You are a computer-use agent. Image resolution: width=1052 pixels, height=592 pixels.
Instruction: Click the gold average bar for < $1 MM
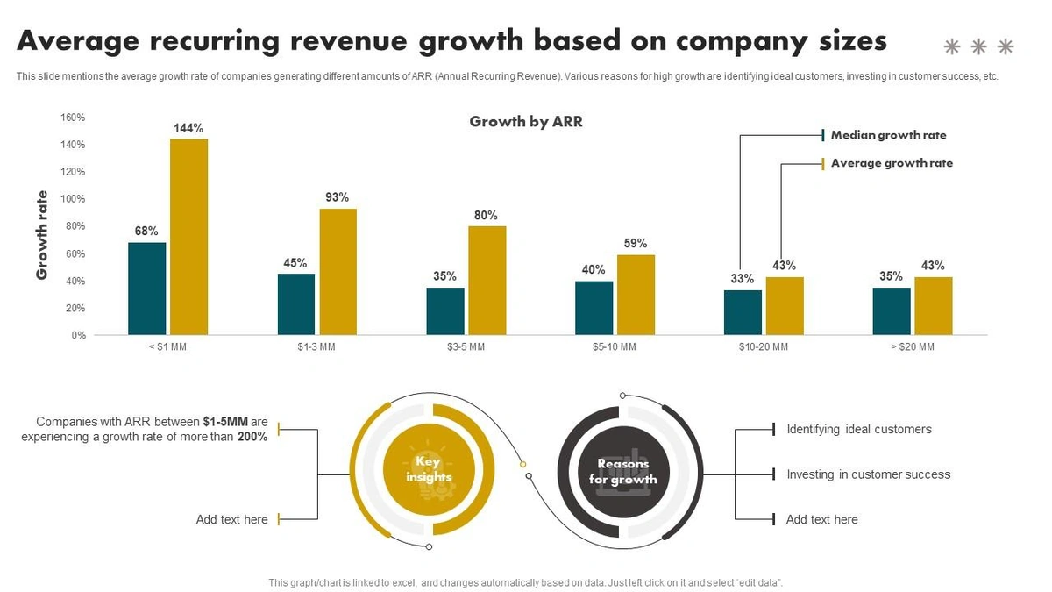coord(189,237)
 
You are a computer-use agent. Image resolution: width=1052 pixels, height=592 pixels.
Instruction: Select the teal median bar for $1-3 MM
coord(296,304)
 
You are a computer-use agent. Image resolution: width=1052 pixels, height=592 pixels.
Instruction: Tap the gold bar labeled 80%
coord(487,281)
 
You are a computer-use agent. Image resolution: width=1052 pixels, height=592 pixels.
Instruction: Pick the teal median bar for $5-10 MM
coord(594,308)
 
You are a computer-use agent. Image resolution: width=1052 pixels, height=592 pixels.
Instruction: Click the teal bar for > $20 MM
coord(892,311)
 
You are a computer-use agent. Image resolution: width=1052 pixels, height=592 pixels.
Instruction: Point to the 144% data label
coord(189,128)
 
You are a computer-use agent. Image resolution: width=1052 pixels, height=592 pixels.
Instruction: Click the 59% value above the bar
coord(636,244)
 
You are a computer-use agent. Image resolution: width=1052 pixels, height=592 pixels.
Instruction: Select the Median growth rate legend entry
coord(888,135)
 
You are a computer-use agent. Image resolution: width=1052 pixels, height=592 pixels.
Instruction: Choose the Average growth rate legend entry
coord(892,163)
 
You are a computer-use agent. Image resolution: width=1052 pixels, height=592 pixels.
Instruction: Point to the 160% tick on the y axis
coord(74,118)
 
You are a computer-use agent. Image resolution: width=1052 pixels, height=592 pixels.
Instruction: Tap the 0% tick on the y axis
coord(79,335)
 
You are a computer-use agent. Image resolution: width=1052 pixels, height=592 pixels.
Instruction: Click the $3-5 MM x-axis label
coord(466,347)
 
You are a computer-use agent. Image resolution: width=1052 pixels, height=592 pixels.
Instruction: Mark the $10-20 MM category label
coord(763,347)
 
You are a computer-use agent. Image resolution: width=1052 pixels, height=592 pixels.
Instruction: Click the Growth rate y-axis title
coord(42,235)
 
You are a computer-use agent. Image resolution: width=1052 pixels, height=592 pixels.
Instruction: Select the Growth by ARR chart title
coord(526,122)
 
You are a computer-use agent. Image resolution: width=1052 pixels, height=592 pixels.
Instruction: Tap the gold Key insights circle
coord(430,470)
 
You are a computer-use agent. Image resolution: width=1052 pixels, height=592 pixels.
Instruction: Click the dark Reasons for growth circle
coord(622,471)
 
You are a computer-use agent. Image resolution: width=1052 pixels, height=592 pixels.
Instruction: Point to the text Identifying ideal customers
coord(859,430)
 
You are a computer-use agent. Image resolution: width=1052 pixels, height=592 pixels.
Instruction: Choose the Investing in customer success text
coord(868,474)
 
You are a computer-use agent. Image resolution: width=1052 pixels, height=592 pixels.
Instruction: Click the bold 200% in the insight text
coord(252,437)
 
